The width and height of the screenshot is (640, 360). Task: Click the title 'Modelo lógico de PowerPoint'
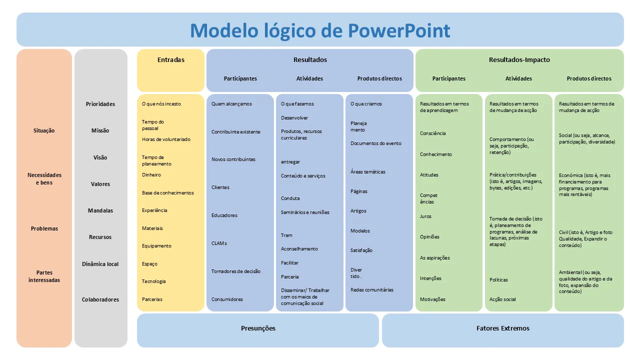(320, 30)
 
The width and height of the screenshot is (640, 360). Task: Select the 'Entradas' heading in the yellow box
(171, 60)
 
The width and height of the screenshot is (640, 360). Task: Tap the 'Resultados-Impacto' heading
(519, 60)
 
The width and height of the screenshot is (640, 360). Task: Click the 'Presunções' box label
(258, 328)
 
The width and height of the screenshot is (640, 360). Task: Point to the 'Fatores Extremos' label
(502, 328)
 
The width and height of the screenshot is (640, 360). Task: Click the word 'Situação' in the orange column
(44, 131)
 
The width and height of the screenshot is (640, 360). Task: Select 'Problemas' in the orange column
(44, 229)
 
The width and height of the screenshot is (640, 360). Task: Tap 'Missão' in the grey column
(100, 131)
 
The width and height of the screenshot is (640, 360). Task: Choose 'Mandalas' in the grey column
(100, 211)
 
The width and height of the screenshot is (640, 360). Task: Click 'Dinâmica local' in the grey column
(100, 264)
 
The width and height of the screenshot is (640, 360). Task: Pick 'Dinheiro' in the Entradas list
(151, 175)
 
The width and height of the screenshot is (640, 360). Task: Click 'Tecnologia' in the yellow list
(153, 281)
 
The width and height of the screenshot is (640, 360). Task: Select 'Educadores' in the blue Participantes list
(224, 215)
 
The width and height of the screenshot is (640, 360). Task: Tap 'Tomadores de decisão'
(235, 271)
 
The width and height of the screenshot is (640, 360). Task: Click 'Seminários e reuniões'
(305, 212)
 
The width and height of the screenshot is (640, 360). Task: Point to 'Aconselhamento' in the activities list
(299, 249)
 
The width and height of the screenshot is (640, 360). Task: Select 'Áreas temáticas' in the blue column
(368, 172)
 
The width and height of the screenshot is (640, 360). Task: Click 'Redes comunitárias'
(372, 290)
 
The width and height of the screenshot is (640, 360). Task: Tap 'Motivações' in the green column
(432, 299)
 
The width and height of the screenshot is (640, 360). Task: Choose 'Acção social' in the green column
(502, 299)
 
